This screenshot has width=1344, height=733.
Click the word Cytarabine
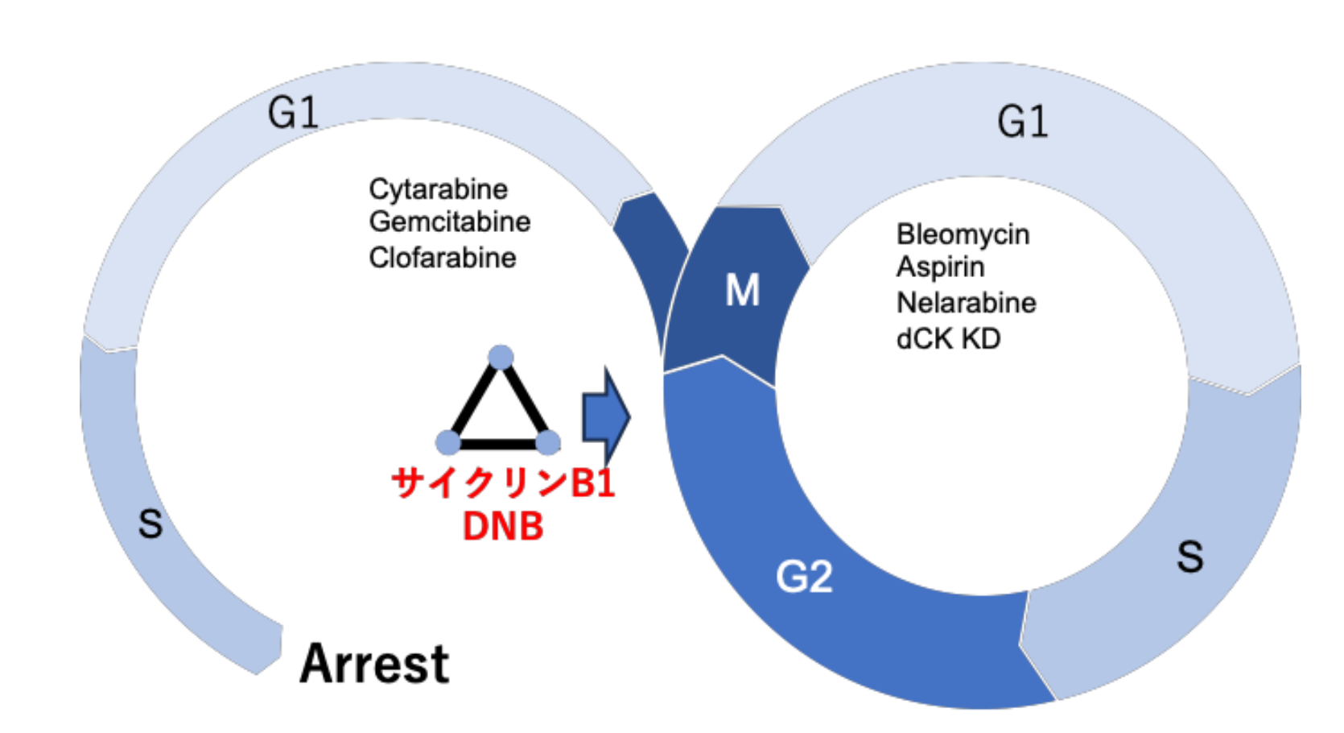pos(439,189)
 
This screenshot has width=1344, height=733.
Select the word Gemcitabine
pos(450,222)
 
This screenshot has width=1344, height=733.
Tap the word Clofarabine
pos(443,258)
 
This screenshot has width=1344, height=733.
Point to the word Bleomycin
pos(963,234)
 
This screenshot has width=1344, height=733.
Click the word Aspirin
pos(940,267)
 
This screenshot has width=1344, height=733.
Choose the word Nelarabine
pos(966,303)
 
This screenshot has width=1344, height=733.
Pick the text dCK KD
pos(948,339)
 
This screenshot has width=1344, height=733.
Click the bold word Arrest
pos(374,665)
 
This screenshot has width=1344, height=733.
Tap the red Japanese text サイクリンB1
pos(503,483)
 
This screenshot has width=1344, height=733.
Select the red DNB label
pos(503,527)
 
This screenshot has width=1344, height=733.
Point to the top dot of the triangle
pos(501,357)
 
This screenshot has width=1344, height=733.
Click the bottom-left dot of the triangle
pos(447,442)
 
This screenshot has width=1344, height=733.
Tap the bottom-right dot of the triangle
pos(548,442)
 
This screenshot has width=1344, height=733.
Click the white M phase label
pos(742,290)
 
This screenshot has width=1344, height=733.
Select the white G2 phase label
pos(803,577)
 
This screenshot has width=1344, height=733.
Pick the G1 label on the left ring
pos(293,112)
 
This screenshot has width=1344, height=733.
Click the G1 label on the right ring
pos(1022,122)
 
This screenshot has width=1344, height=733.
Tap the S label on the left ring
pos(150,524)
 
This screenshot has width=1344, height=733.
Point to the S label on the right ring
pos(1189,557)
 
